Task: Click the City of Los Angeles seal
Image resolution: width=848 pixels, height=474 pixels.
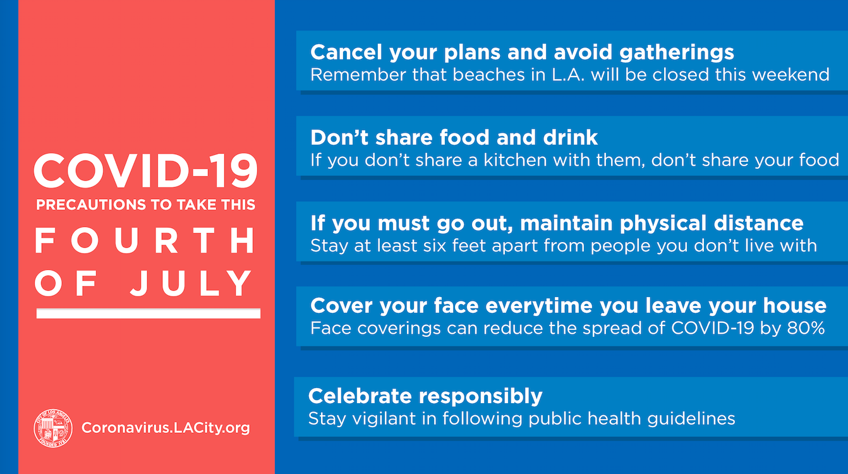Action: (x=53, y=428)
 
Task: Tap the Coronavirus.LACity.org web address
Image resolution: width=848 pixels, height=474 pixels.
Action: (x=166, y=428)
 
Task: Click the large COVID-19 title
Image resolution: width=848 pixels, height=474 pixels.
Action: (x=146, y=171)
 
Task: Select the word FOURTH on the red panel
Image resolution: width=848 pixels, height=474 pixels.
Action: (x=145, y=240)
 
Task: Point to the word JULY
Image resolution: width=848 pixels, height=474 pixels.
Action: (x=191, y=283)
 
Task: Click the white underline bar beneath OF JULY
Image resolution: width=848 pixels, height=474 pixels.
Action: (x=148, y=313)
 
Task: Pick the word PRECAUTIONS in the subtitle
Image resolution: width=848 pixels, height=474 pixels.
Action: (x=91, y=205)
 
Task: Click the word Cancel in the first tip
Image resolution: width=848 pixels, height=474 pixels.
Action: (x=346, y=52)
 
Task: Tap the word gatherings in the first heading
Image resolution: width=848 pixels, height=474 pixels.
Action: (x=677, y=53)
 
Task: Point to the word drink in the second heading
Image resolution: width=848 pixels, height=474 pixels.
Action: (x=571, y=137)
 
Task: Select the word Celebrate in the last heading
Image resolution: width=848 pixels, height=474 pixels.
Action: (x=360, y=396)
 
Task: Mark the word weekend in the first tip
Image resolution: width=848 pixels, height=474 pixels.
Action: (x=790, y=75)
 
